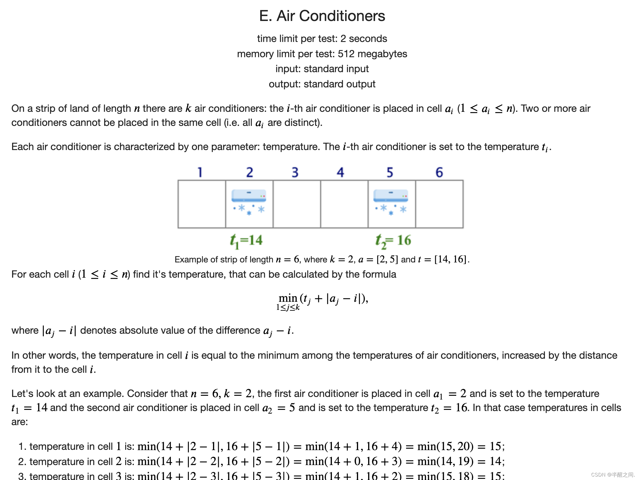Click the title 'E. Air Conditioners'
[x=322, y=16]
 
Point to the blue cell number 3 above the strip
[x=295, y=172]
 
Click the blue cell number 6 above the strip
[x=439, y=172]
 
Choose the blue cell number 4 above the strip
[x=340, y=172]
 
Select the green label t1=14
[x=246, y=241]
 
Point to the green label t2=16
[x=393, y=241]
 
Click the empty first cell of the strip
[x=202, y=204]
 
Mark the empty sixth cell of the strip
[x=439, y=204]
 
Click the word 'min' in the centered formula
[x=288, y=298]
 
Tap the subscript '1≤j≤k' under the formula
[x=288, y=308]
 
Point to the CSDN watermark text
[x=613, y=475]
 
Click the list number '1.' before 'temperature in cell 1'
[x=22, y=447]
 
